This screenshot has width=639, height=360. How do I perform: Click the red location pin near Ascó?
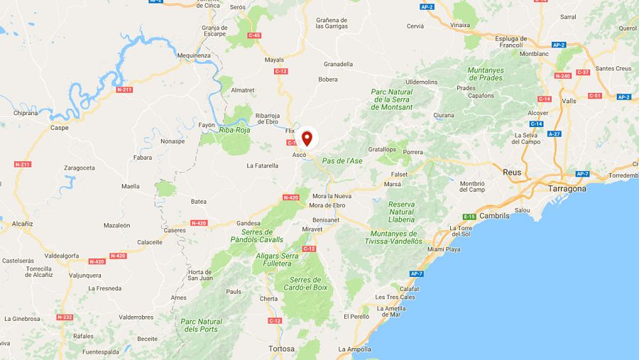(307, 137)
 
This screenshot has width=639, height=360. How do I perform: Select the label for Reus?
(511, 173)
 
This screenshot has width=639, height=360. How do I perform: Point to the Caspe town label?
(60, 128)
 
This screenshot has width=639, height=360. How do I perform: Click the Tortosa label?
(281, 349)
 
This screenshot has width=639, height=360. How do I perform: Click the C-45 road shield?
(254, 35)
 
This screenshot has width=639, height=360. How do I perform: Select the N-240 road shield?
(562, 76)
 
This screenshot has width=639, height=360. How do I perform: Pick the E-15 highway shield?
(469, 216)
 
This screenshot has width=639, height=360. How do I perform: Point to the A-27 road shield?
(555, 133)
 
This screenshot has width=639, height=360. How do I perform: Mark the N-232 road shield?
(65, 317)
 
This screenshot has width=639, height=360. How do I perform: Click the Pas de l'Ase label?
(342, 161)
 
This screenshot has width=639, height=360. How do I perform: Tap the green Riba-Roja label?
(236, 130)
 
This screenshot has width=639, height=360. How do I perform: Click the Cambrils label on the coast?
(494, 215)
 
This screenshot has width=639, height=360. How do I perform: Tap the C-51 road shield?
(595, 96)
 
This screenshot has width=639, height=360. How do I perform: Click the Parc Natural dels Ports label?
(202, 325)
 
